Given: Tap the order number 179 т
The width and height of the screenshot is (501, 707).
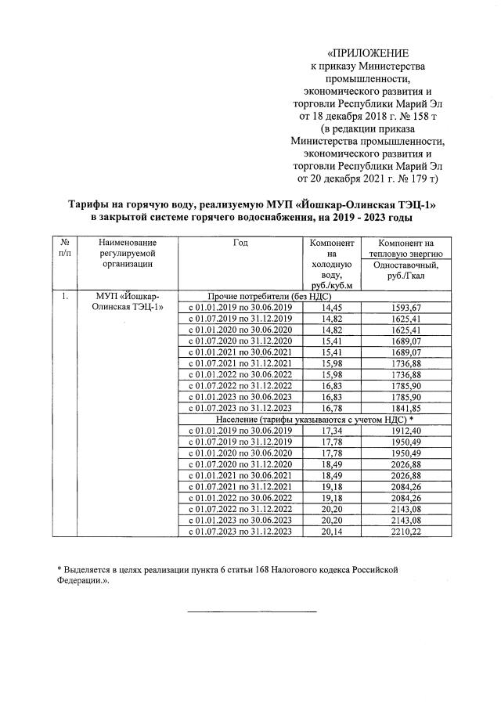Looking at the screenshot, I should [420, 179].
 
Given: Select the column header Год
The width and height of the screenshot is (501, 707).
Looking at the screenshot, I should [240, 243].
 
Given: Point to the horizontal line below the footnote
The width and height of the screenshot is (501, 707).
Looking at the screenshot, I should [251, 610].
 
